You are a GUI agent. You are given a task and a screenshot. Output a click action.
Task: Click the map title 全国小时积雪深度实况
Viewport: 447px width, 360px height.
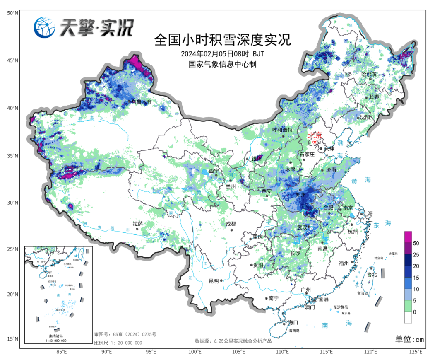pos(222,40)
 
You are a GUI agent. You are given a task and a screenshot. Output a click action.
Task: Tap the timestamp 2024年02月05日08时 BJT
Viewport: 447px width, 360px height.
pos(222,54)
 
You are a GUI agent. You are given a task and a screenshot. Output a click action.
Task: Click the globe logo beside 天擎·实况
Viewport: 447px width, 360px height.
pos(44,28)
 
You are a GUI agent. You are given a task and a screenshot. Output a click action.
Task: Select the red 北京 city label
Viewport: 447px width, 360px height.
pos(315,135)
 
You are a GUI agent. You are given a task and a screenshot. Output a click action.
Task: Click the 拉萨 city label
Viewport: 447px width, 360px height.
pos(138,224)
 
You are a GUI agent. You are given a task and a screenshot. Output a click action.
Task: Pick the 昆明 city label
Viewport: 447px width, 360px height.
pos(213,281)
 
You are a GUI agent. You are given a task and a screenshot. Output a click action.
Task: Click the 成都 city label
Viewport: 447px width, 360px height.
pos(231,224)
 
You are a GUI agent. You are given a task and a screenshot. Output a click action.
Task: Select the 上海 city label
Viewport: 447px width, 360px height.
pos(368,214)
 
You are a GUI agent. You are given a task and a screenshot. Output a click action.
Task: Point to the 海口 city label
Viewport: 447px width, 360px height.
pos(293,322)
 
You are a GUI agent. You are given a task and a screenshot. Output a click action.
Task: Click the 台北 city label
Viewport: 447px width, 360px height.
pos(372,274)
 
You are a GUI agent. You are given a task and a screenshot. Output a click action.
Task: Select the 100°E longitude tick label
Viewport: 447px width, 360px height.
pos(195,352)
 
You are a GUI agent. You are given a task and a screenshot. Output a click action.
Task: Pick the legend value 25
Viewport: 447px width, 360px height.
pos(416,254)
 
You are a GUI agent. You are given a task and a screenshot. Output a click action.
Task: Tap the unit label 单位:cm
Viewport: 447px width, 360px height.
pos(410,339)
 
